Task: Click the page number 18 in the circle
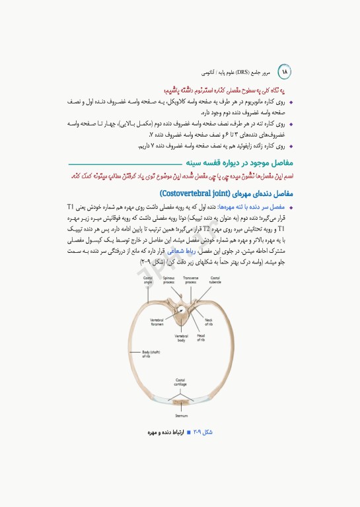coord(286,71)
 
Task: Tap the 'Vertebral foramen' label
coord(156,321)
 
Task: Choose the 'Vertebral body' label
coord(182,338)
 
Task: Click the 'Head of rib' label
coord(201,338)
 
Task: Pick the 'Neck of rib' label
coord(209,321)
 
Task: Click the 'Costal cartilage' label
coord(180,382)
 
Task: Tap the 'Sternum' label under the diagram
coord(181,417)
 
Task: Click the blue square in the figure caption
coord(188,432)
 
